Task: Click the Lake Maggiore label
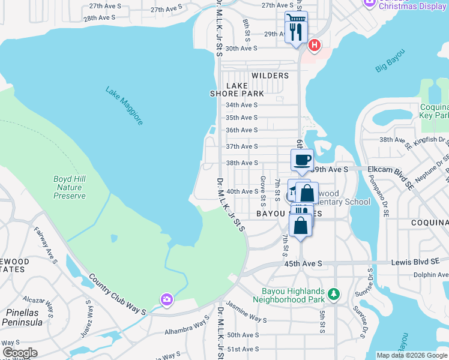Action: [124, 106]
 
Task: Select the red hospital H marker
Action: [313, 46]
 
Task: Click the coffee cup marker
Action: [302, 160]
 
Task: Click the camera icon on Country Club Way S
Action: [166, 299]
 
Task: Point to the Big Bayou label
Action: [390, 63]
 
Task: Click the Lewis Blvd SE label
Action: [414, 262]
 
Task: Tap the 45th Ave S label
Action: [303, 263]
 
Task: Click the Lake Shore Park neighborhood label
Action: [237, 90]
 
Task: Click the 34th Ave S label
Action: [241, 104]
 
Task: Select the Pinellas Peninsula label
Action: [22, 317]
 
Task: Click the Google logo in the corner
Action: [20, 352]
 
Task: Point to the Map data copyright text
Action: [412, 355]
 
